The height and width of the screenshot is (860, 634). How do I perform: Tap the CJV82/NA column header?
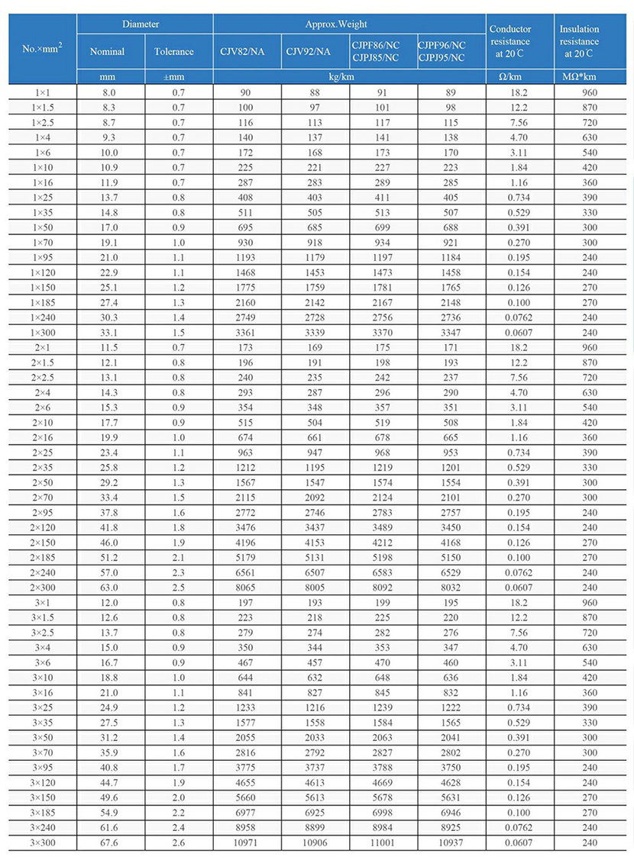tap(247, 52)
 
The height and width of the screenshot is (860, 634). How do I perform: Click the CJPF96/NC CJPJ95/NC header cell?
tap(451, 51)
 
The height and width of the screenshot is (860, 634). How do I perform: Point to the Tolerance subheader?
tap(180, 52)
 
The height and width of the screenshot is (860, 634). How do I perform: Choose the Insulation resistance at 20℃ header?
tap(589, 41)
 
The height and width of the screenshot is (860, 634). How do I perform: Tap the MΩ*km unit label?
tap(589, 77)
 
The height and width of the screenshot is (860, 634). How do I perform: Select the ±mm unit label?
tap(180, 77)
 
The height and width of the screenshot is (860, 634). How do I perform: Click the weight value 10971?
tap(247, 843)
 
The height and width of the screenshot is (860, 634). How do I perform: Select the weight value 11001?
tap(383, 843)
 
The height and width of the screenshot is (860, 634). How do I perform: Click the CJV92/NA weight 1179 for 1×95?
tap(315, 257)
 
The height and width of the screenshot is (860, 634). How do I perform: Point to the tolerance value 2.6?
tap(179, 843)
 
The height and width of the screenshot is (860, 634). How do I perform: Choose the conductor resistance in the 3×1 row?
tap(520, 603)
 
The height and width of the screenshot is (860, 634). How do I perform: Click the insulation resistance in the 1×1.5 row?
tap(589, 108)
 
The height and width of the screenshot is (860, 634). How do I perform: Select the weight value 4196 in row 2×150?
tap(247, 543)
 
